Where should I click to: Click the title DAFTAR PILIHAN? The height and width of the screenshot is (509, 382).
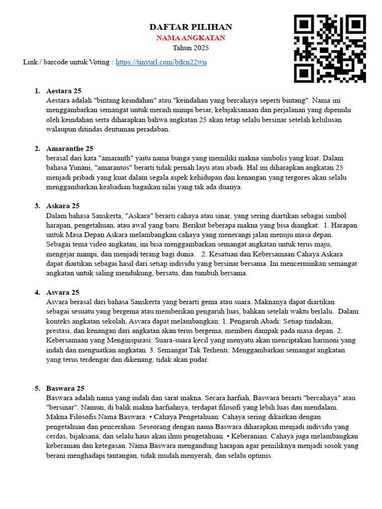tap(191, 27)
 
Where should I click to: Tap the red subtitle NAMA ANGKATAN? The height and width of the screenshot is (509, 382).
tap(191, 38)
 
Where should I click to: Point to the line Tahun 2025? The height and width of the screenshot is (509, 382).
tap(191, 48)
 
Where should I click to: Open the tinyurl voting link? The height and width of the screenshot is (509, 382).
tap(161, 62)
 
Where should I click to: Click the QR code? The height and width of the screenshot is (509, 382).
tap(330, 48)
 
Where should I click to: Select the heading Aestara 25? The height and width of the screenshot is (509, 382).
tap(64, 91)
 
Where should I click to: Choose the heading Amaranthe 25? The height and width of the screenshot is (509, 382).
tap(70, 149)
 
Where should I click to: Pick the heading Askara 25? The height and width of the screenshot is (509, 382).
tap(63, 206)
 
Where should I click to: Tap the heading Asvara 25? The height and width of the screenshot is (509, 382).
tap(63, 292)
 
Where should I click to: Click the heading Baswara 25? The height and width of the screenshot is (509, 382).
tap(65, 388)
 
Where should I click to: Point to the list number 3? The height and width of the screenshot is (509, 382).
tap(37, 206)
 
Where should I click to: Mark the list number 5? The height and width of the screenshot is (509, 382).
tap(37, 388)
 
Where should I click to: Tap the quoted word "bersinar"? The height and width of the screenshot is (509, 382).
tap(63, 408)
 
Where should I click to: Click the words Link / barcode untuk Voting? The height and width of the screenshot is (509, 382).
tap(68, 62)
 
